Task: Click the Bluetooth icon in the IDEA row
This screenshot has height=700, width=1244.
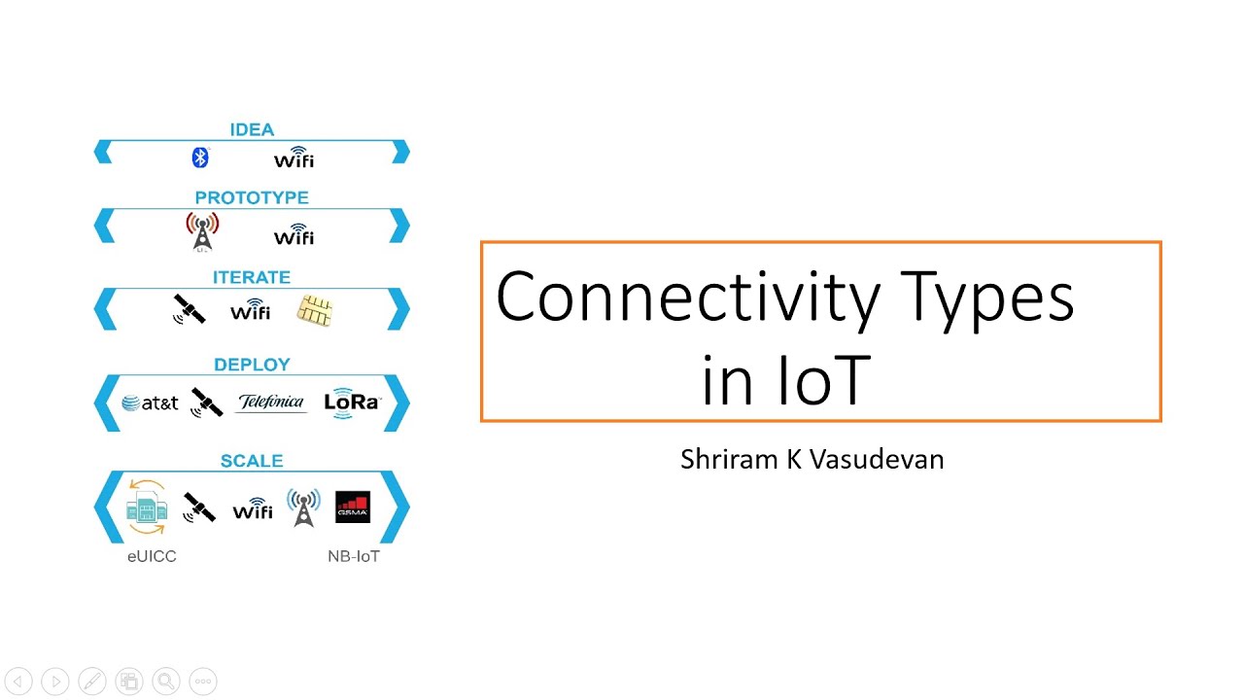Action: pos(200,157)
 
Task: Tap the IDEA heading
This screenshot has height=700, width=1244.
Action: pos(252,129)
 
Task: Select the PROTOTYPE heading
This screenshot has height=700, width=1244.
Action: pos(252,197)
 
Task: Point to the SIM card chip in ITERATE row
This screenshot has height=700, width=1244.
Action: pos(315,311)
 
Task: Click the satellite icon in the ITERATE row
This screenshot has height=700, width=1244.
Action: pos(189,309)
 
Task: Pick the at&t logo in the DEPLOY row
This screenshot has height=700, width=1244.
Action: pos(151,402)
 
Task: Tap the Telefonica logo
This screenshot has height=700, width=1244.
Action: pos(271,402)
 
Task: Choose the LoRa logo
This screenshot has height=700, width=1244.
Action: pos(352,402)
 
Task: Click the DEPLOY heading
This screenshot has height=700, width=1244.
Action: pos(252,365)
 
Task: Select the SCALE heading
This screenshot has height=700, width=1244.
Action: pos(252,461)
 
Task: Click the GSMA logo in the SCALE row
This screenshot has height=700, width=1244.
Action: pos(352,507)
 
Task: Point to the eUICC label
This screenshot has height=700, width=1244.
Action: pos(152,557)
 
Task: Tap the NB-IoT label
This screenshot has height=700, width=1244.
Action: pos(354,557)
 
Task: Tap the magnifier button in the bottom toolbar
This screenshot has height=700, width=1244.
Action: pos(166,682)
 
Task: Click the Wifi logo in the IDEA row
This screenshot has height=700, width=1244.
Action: pos(294,157)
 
